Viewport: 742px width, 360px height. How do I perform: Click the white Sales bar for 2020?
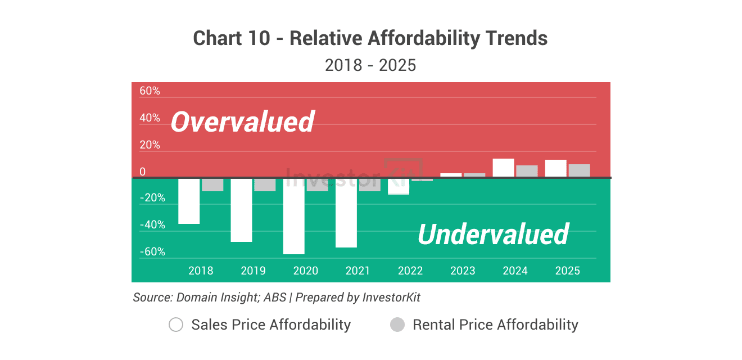(x=293, y=216)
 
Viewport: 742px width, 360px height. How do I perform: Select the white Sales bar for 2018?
(x=189, y=201)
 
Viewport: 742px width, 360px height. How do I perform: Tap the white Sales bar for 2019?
(x=241, y=210)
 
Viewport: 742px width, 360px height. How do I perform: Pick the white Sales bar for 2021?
(x=346, y=213)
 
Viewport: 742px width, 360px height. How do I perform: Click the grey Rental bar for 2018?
(x=212, y=184)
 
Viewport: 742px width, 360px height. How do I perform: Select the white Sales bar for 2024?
(x=503, y=168)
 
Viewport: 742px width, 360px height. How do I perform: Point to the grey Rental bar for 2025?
(x=579, y=170)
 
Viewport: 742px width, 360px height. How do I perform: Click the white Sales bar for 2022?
(x=399, y=186)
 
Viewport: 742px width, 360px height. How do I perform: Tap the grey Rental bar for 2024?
(x=527, y=171)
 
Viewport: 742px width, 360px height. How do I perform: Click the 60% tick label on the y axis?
(x=150, y=91)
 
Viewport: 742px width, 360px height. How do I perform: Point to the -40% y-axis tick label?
(x=152, y=225)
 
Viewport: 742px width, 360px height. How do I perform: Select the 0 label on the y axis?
(x=142, y=172)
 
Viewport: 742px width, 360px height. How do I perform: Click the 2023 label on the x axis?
(x=463, y=271)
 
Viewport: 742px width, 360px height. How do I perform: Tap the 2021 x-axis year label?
(x=358, y=271)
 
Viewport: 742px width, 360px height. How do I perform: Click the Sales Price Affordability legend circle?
(x=176, y=325)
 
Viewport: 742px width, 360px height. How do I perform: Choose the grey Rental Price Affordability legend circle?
(x=397, y=325)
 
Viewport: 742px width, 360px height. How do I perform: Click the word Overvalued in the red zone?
(x=242, y=122)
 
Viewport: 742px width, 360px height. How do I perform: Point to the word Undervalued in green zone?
(x=493, y=234)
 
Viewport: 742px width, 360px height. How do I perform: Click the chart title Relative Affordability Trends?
(x=370, y=38)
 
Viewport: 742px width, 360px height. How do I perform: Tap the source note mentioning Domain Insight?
(x=277, y=297)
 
